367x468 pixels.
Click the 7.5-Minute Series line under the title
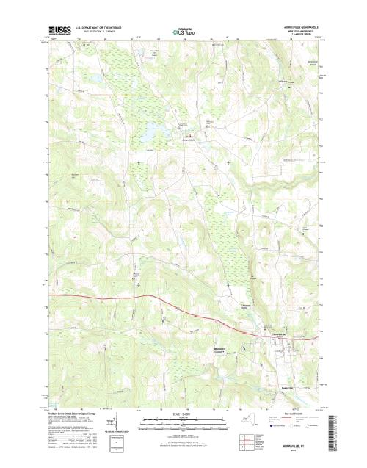coord(301,35)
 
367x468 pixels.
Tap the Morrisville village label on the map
coord(277,333)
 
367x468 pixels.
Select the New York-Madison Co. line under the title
coord(301,32)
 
